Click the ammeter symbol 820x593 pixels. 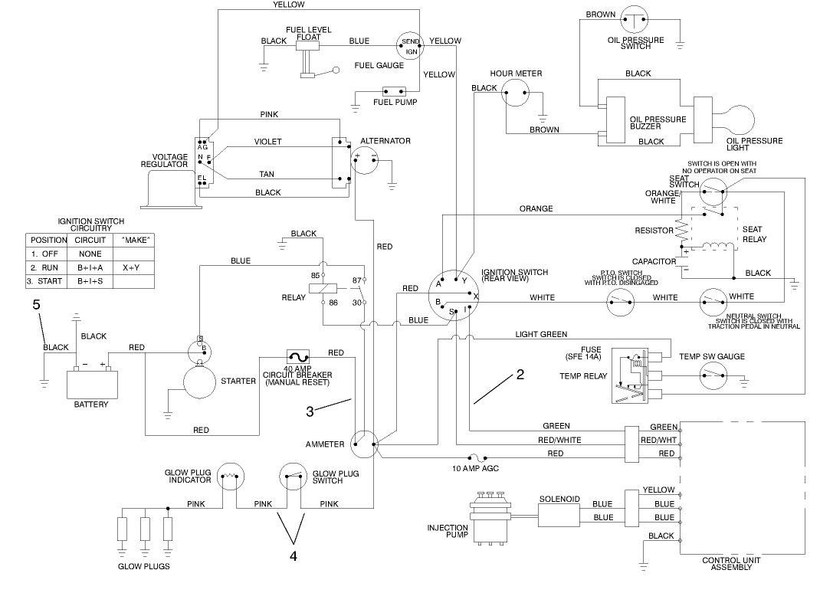click(364, 444)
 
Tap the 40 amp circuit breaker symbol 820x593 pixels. click(297, 357)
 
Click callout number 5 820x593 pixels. click(35, 305)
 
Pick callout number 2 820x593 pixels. click(520, 375)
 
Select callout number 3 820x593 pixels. click(310, 411)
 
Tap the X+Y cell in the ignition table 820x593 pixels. click(130, 268)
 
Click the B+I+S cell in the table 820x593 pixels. click(90, 282)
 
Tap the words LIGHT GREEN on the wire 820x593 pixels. click(541, 335)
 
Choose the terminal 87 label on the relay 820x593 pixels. click(356, 280)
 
